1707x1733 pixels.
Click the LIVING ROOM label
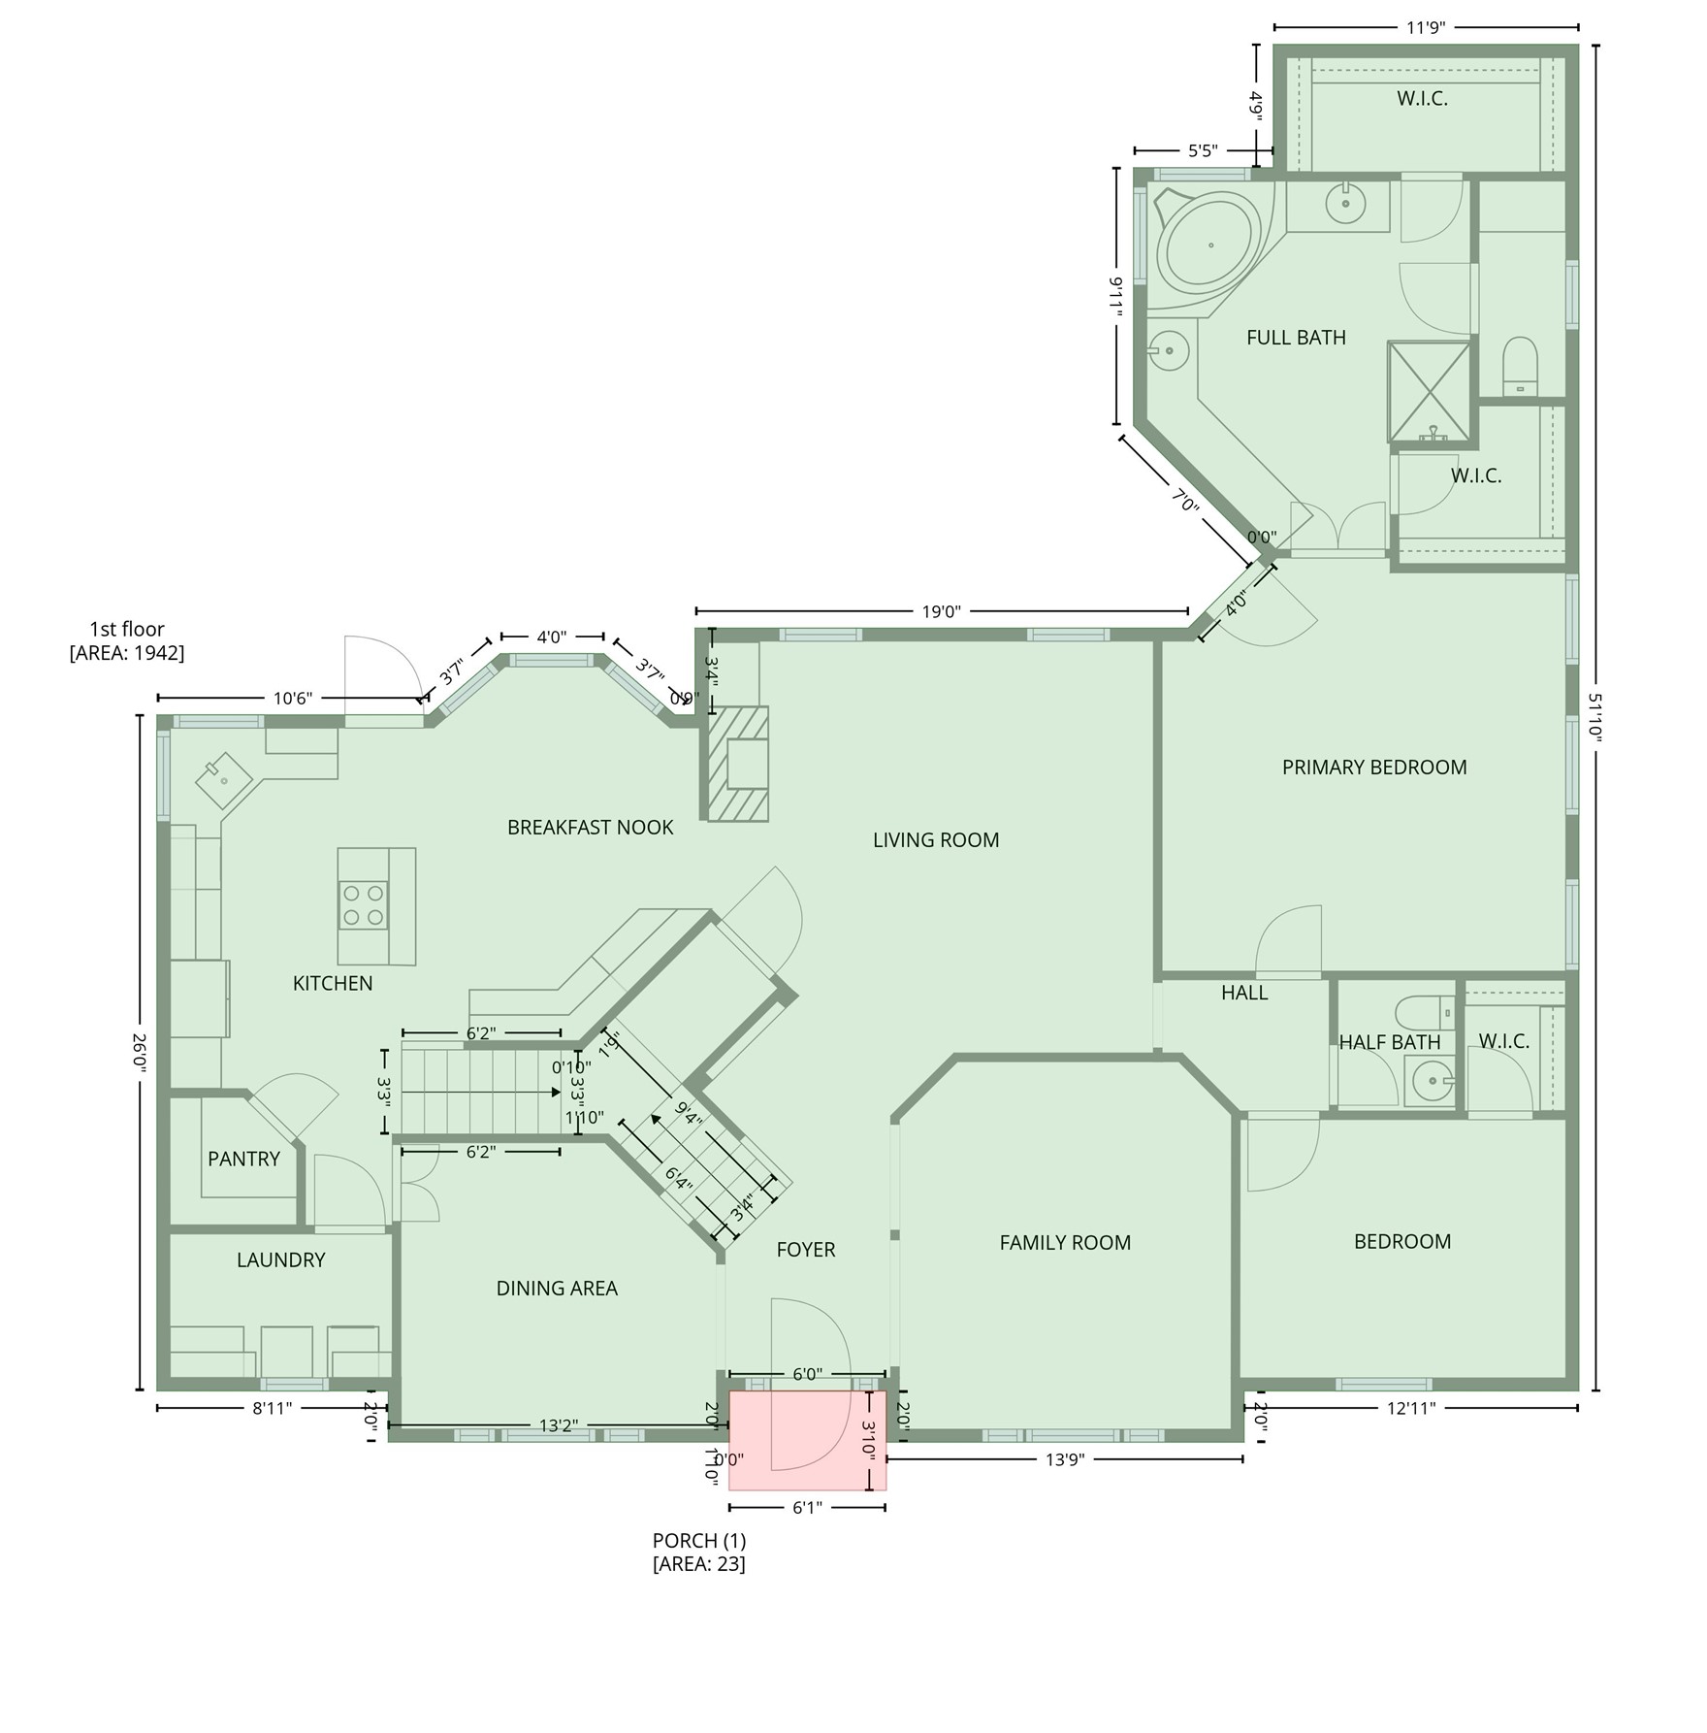[935, 840]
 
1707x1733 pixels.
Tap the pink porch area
[807, 1440]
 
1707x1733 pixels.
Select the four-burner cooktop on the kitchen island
[364, 905]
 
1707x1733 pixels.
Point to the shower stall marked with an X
[1429, 390]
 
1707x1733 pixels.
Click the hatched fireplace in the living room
[738, 764]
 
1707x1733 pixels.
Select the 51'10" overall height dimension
[1594, 717]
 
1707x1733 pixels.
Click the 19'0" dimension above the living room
[941, 611]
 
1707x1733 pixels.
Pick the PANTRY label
[243, 1159]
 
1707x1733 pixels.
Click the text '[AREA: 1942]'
[127, 652]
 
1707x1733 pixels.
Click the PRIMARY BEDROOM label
[1373, 768]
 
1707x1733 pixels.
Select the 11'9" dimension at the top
[1426, 27]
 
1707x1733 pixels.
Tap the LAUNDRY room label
[280, 1259]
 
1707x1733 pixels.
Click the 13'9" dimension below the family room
[1064, 1459]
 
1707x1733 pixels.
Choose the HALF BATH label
[1389, 1042]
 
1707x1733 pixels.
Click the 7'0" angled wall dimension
[1185, 503]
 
